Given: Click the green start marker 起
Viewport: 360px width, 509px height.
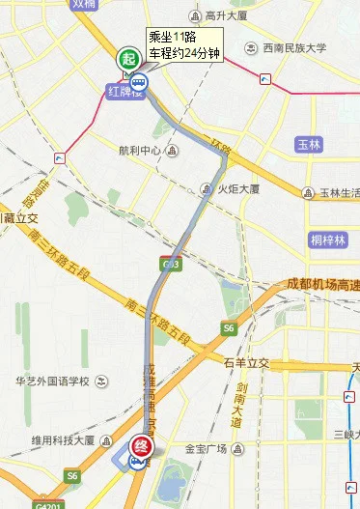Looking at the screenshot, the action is tap(128, 59).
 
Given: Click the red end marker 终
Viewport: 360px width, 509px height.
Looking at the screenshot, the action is tap(140, 446).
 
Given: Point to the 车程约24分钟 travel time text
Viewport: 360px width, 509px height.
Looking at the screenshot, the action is tap(184, 54).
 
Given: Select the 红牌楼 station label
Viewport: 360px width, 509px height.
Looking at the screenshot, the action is tap(125, 91).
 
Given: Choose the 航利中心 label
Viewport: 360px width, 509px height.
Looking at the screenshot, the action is tap(138, 150).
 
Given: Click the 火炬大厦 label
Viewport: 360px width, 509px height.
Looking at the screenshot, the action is tap(238, 189).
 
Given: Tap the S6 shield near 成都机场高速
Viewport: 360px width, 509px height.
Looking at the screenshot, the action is tap(229, 328).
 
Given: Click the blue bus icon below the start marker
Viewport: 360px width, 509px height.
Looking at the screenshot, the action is tap(139, 82).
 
